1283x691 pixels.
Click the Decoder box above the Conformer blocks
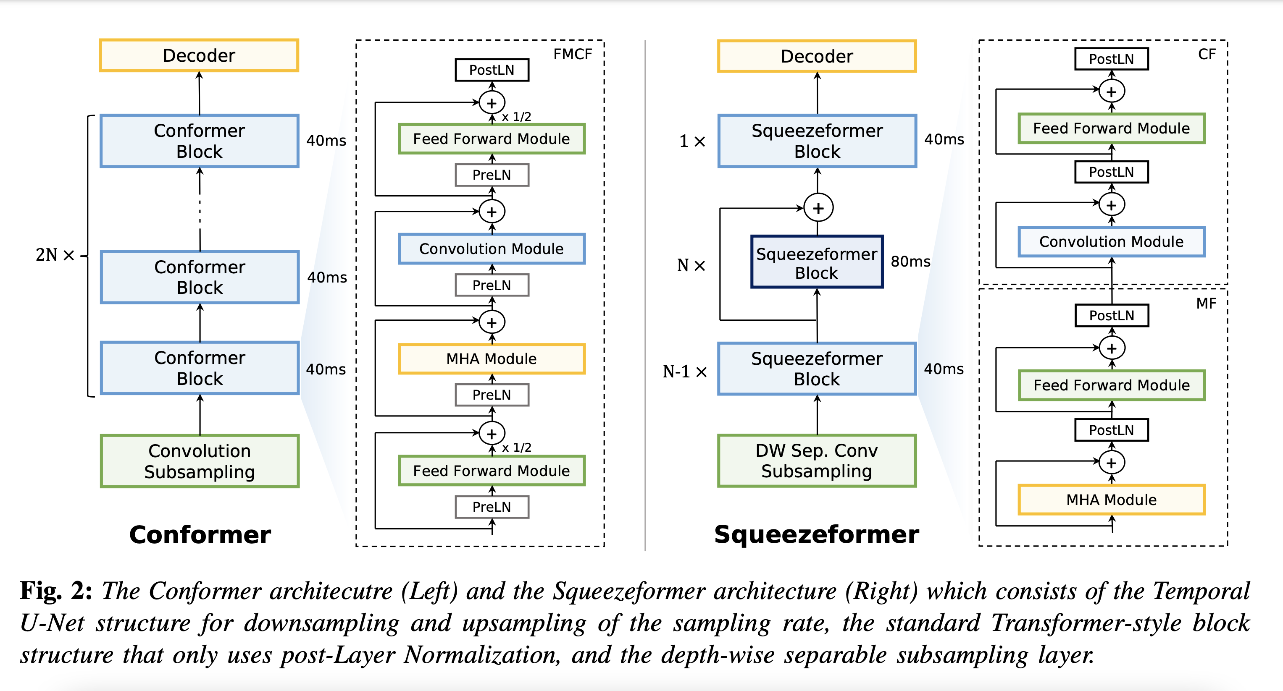pyautogui.click(x=199, y=55)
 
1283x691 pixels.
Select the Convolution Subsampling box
pyautogui.click(x=199, y=461)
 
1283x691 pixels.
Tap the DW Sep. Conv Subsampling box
pyautogui.click(x=817, y=461)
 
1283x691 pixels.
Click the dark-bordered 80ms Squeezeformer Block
pyautogui.click(x=817, y=262)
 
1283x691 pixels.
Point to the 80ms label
pyautogui.click(x=910, y=262)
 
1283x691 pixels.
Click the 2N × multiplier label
pyautogui.click(x=55, y=255)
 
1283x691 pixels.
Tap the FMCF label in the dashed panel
pyautogui.click(x=573, y=54)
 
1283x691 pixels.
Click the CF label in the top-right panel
pyautogui.click(x=1207, y=54)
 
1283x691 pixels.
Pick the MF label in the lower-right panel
pyautogui.click(x=1206, y=303)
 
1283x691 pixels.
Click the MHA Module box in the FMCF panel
pyautogui.click(x=492, y=359)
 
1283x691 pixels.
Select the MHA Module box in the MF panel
pyautogui.click(x=1111, y=499)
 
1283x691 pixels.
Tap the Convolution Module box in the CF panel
pyautogui.click(x=1111, y=241)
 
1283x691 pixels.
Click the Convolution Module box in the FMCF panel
pyautogui.click(x=492, y=249)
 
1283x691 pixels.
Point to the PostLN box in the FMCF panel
pyautogui.click(x=492, y=70)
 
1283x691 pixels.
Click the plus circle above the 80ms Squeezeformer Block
pyautogui.click(x=818, y=208)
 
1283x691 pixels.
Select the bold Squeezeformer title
pyautogui.click(x=816, y=534)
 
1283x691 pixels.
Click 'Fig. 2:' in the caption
pyautogui.click(x=56, y=591)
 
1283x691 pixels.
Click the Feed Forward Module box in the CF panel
pyautogui.click(x=1111, y=128)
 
